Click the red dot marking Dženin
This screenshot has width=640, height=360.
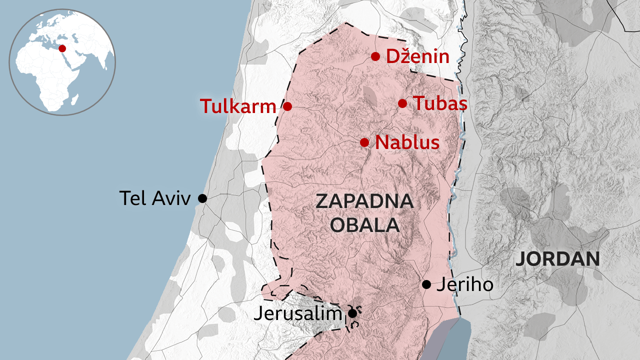coord(375,56)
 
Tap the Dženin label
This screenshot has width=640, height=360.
coord(417,56)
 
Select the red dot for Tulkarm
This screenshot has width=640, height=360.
coord(287,106)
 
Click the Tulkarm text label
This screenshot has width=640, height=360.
coord(238,106)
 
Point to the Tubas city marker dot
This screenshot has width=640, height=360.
coord(402,103)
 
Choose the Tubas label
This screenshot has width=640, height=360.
coord(440,103)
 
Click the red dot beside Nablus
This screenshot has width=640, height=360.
coord(364,142)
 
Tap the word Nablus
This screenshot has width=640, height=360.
coord(407,142)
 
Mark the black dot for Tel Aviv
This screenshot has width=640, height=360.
coord(202,198)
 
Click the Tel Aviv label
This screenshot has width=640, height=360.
coord(155,198)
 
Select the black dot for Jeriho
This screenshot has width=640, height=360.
coord(426,284)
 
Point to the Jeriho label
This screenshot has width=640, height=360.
coord(465,284)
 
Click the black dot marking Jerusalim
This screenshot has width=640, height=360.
coord(352,313)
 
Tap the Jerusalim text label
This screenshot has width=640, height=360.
coord(297,313)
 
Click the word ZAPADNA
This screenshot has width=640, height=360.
coord(364,202)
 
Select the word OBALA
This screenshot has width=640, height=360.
coord(364,225)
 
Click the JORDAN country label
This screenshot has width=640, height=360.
coord(557,259)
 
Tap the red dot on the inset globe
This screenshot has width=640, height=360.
coord(62,48)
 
